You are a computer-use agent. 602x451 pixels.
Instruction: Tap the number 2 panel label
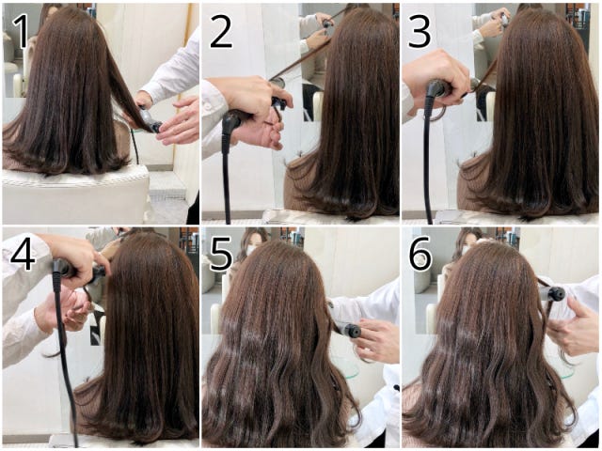click(x=221, y=32)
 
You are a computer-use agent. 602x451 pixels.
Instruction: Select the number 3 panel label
click(x=420, y=32)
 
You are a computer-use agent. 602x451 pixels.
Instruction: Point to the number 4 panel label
click(x=23, y=254)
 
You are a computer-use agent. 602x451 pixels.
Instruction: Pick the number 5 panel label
click(x=221, y=254)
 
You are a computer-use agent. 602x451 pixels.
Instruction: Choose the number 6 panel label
click(x=420, y=254)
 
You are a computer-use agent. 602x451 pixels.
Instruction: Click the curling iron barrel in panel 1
click(x=150, y=120)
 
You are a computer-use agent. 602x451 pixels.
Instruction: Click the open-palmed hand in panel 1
click(x=179, y=121)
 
